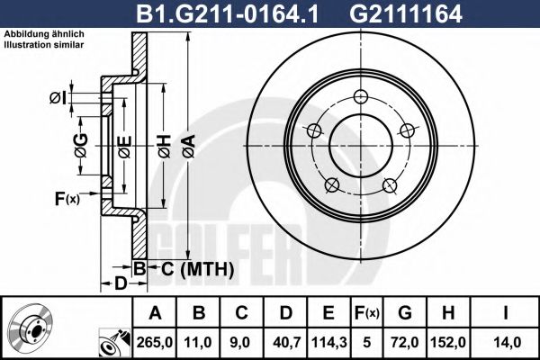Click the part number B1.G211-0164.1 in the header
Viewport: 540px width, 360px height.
(x=228, y=14)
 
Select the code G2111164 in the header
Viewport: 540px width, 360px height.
(x=405, y=14)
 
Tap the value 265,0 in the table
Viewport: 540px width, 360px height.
(x=155, y=342)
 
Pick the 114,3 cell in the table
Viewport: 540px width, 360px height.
(x=328, y=342)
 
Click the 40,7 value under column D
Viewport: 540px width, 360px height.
(x=286, y=342)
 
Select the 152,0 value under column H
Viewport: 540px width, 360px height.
(x=447, y=342)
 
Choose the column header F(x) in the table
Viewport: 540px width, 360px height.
(x=367, y=313)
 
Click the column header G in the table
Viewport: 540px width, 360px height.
(x=405, y=313)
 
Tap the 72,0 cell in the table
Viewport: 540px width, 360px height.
(x=405, y=342)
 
